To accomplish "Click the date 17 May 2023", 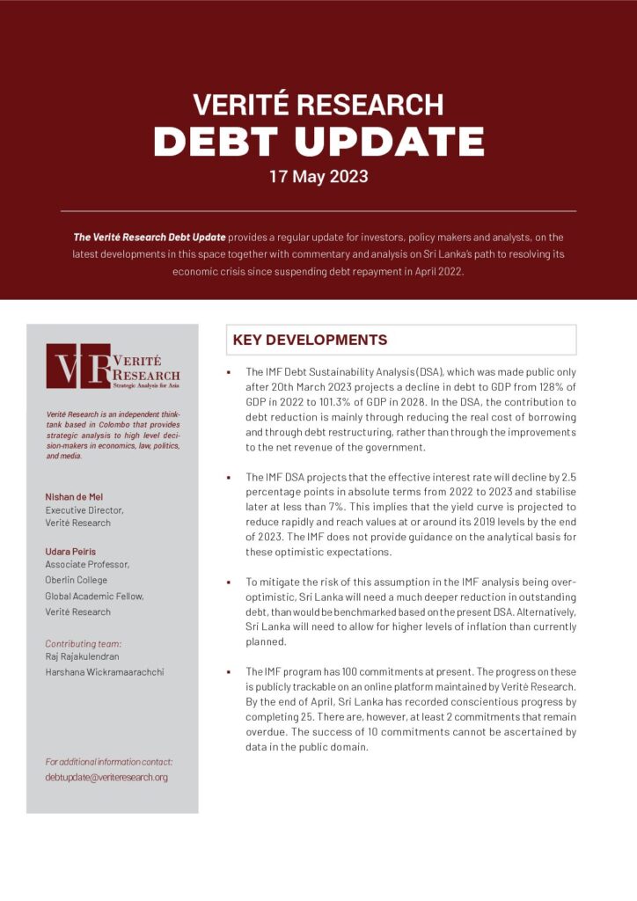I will pyautogui.click(x=318, y=176).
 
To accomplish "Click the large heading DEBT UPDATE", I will pyautogui.click(x=318, y=141).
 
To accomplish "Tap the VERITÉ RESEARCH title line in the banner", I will pyautogui.click(x=318, y=105).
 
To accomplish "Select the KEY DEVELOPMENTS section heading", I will pyautogui.click(x=309, y=340).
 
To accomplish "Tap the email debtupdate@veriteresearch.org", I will pyautogui.click(x=106, y=777).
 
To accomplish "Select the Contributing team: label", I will pyautogui.click(x=83, y=643).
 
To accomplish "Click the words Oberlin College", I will pyautogui.click(x=77, y=580).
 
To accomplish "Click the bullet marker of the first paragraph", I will pyautogui.click(x=229, y=372).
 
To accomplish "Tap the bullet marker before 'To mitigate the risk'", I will pyautogui.click(x=229, y=582).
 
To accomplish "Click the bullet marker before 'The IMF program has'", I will pyautogui.click(x=229, y=671).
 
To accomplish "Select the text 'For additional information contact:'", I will pyautogui.click(x=108, y=762).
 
